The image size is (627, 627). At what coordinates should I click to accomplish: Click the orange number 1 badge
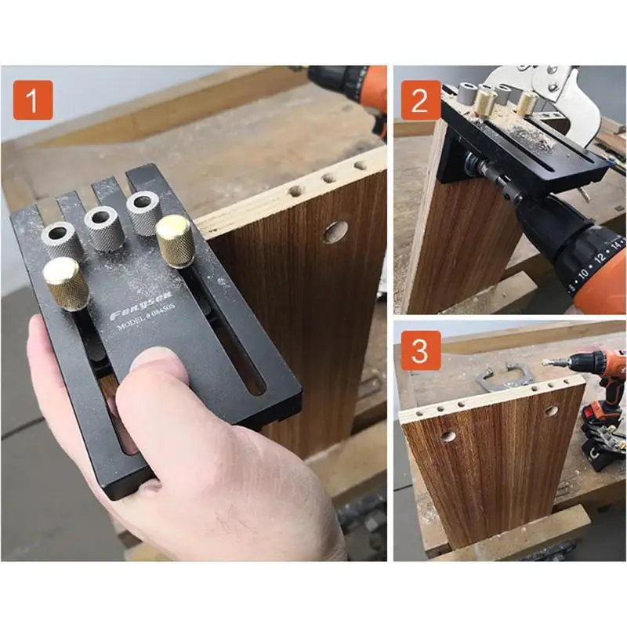coord(33,103)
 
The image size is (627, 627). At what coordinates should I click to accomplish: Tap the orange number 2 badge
coord(420,103)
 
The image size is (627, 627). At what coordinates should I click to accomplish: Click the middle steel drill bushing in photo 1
coord(102,219)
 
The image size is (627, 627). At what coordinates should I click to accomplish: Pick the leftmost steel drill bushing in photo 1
coord(60,234)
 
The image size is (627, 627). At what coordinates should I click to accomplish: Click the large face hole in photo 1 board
coord(335,231)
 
